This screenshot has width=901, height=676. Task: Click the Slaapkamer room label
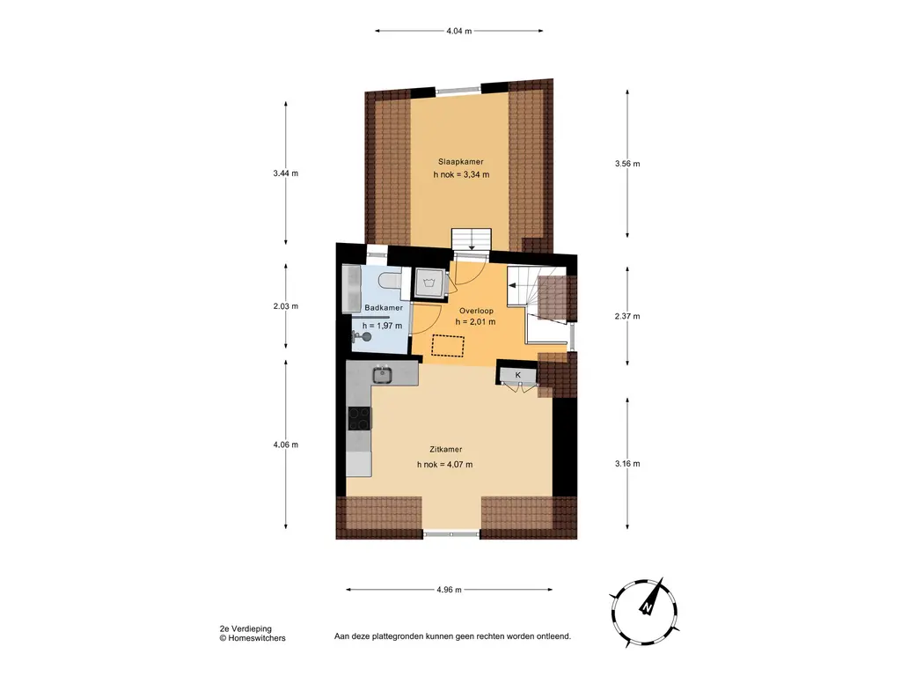461,162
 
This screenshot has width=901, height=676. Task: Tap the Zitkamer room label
446,450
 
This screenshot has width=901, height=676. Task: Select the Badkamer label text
384,308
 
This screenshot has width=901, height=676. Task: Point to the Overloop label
476,311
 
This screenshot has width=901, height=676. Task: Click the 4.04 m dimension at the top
458,31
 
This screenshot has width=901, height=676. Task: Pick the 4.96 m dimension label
450,590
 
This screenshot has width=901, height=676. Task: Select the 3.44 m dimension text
286,173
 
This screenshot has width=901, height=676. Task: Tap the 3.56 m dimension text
626,164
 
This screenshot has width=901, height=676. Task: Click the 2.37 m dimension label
626,316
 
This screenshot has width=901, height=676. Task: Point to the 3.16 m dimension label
626,464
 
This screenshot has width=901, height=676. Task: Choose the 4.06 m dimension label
286,445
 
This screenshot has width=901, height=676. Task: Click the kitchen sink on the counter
382,375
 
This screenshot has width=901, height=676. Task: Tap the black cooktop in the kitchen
359,418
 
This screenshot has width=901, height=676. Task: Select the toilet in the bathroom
392,281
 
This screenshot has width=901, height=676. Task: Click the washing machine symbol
429,283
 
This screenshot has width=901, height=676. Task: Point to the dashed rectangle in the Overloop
448,345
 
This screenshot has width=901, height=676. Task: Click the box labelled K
518,375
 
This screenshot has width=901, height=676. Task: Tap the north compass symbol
645,613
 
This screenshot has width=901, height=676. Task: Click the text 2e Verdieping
245,629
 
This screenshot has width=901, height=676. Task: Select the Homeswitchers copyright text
253,638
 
